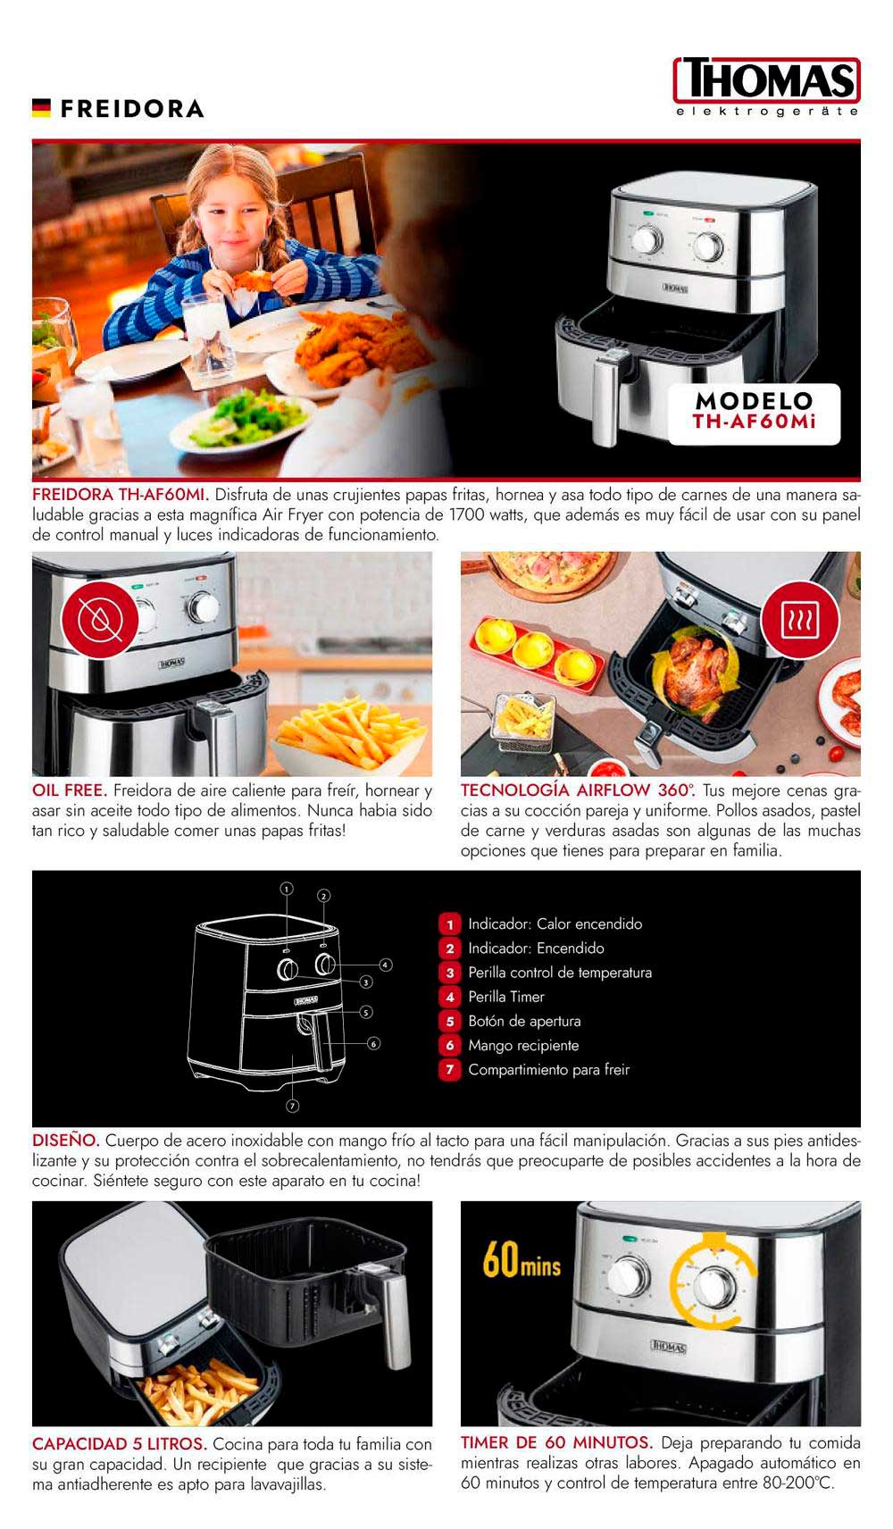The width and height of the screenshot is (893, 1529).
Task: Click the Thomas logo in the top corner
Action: click(767, 87)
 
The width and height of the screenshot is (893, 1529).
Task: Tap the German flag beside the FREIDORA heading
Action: click(42, 108)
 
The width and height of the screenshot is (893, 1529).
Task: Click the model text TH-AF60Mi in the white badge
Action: click(754, 422)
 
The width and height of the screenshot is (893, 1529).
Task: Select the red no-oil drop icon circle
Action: click(100, 620)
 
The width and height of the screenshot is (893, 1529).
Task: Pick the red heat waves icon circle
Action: click(799, 621)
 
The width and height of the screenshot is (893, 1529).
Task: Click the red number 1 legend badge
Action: click(449, 924)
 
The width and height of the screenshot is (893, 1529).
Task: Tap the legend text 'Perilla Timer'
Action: click(506, 997)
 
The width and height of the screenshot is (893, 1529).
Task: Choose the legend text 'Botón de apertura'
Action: click(524, 1021)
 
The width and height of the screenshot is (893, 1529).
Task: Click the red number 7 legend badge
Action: click(449, 1070)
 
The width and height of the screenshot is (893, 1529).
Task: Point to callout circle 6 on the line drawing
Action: click(373, 1044)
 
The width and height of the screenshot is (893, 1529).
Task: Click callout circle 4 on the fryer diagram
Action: click(386, 965)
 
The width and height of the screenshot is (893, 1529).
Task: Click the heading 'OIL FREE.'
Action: click(70, 790)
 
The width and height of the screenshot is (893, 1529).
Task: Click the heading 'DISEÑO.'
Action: click(66, 1140)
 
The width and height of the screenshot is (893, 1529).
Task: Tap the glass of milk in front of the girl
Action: click(209, 335)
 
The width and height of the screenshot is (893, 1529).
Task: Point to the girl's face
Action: click(230, 215)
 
